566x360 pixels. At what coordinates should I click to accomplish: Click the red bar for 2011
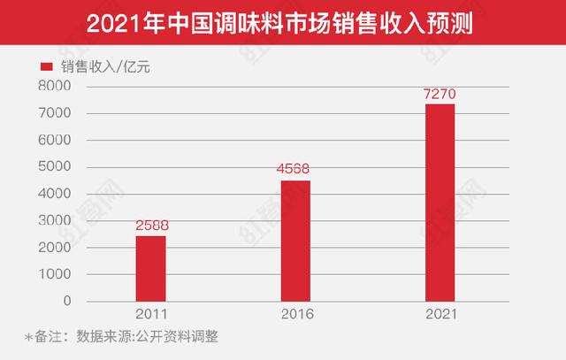[x=151, y=268]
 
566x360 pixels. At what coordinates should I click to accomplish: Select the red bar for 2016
[x=295, y=241]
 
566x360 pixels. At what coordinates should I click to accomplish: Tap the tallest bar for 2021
[x=440, y=203]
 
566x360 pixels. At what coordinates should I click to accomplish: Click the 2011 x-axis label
[x=151, y=313]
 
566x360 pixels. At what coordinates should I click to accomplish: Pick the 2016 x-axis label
[x=295, y=313]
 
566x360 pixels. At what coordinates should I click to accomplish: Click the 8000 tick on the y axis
[x=54, y=86]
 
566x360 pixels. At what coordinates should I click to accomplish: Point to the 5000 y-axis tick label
[x=54, y=167]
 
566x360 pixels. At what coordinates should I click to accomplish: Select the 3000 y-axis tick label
[x=54, y=220]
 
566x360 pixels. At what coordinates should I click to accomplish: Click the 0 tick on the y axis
[x=67, y=301]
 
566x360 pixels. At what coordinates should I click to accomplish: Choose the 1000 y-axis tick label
[x=54, y=274]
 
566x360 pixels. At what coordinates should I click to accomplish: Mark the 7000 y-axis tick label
[x=54, y=113]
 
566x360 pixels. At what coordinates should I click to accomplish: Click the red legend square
[x=45, y=66]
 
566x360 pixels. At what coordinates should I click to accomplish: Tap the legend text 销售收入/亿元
[x=101, y=66]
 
